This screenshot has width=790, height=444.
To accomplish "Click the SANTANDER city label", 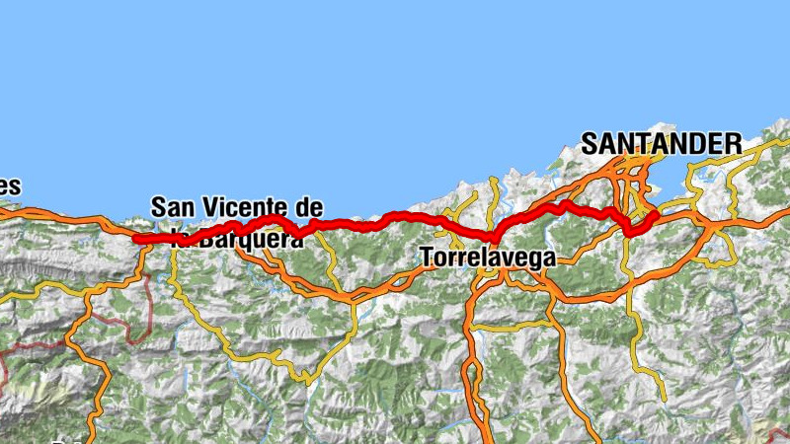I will point(661,143).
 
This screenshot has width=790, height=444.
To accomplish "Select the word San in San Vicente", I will point(176,207).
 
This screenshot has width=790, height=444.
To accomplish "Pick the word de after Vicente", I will point(310,207).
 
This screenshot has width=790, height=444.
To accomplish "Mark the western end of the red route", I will point(136,239).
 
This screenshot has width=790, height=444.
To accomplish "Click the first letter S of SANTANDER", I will point(590,143).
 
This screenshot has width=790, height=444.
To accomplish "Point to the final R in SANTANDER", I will point(733,143).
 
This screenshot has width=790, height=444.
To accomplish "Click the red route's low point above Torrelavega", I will point(493,238).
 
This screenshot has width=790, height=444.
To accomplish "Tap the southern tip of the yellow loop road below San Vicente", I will point(307,379).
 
